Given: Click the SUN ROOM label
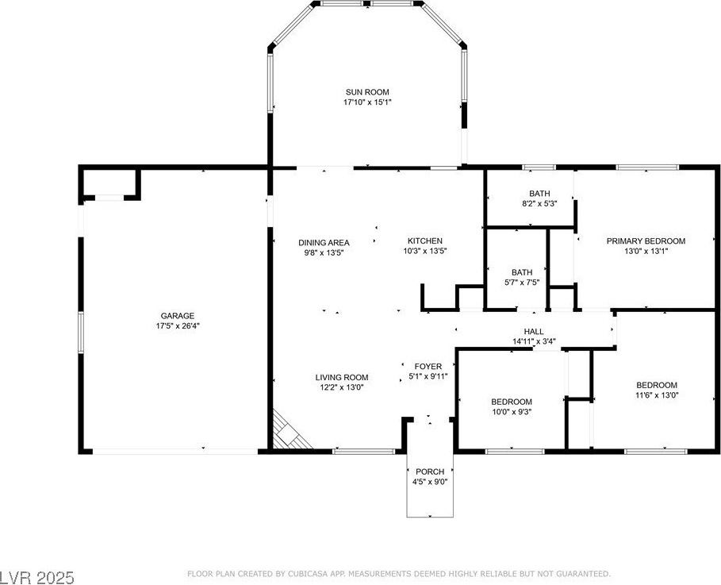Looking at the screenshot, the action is (x=367, y=92).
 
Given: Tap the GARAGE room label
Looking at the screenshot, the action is (x=178, y=316).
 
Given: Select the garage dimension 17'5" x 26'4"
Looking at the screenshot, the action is (x=178, y=326).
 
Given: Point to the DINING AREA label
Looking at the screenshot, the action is (x=324, y=243).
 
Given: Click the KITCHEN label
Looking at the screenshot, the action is (x=425, y=241).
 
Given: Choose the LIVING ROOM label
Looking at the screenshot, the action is (x=342, y=377).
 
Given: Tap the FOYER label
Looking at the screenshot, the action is (x=428, y=367).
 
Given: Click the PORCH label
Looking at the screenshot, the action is (x=430, y=471).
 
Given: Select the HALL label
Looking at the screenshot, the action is (x=534, y=331).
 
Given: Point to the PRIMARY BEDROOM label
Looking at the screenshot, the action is (x=646, y=241).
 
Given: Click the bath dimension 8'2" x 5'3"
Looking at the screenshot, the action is (x=539, y=203).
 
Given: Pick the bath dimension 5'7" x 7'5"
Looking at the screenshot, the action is (x=522, y=283).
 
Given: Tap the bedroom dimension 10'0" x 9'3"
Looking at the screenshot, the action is (x=512, y=412).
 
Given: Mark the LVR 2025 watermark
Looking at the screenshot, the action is (x=36, y=577).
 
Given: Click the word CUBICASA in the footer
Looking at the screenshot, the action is (x=306, y=574).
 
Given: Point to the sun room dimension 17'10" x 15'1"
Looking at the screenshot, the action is (x=367, y=102).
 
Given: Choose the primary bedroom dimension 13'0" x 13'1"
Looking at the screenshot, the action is (x=646, y=252).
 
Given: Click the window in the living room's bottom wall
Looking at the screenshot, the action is (x=364, y=452).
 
